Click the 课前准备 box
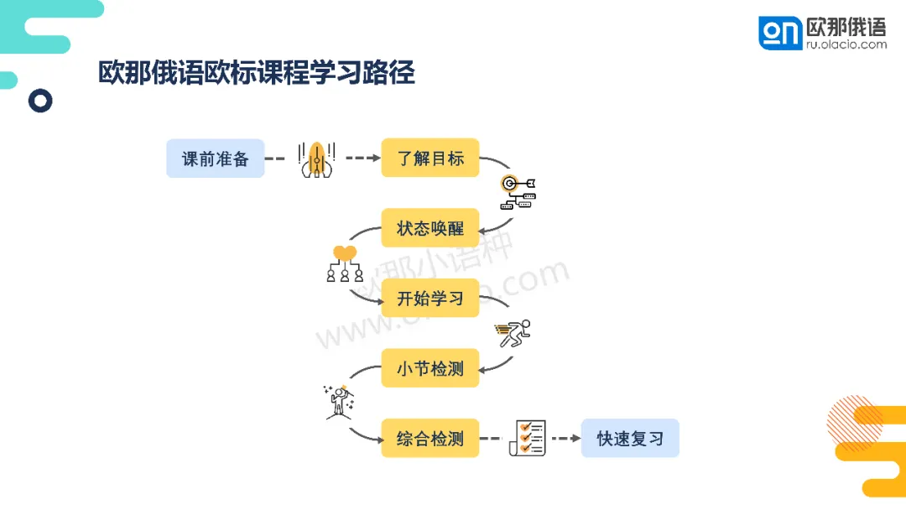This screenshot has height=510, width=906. click(215, 159)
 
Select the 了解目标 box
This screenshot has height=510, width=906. click(430, 158)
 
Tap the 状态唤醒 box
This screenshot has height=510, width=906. click(430, 228)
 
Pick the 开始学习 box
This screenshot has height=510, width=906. click(430, 298)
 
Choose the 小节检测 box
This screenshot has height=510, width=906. click(430, 368)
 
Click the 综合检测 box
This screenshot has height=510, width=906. click(430, 438)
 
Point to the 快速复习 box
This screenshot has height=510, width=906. click(629, 438)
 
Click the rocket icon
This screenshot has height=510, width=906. click(317, 159)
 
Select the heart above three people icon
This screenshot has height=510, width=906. click(345, 263)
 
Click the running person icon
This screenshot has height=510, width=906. click(513, 334)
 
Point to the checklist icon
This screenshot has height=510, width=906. click(528, 438)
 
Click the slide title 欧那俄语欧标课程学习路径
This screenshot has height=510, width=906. click(257, 73)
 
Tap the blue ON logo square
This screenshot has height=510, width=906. click(780, 33)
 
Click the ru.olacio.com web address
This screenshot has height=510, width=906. click(846, 44)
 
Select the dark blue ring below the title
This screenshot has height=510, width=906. click(40, 101)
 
